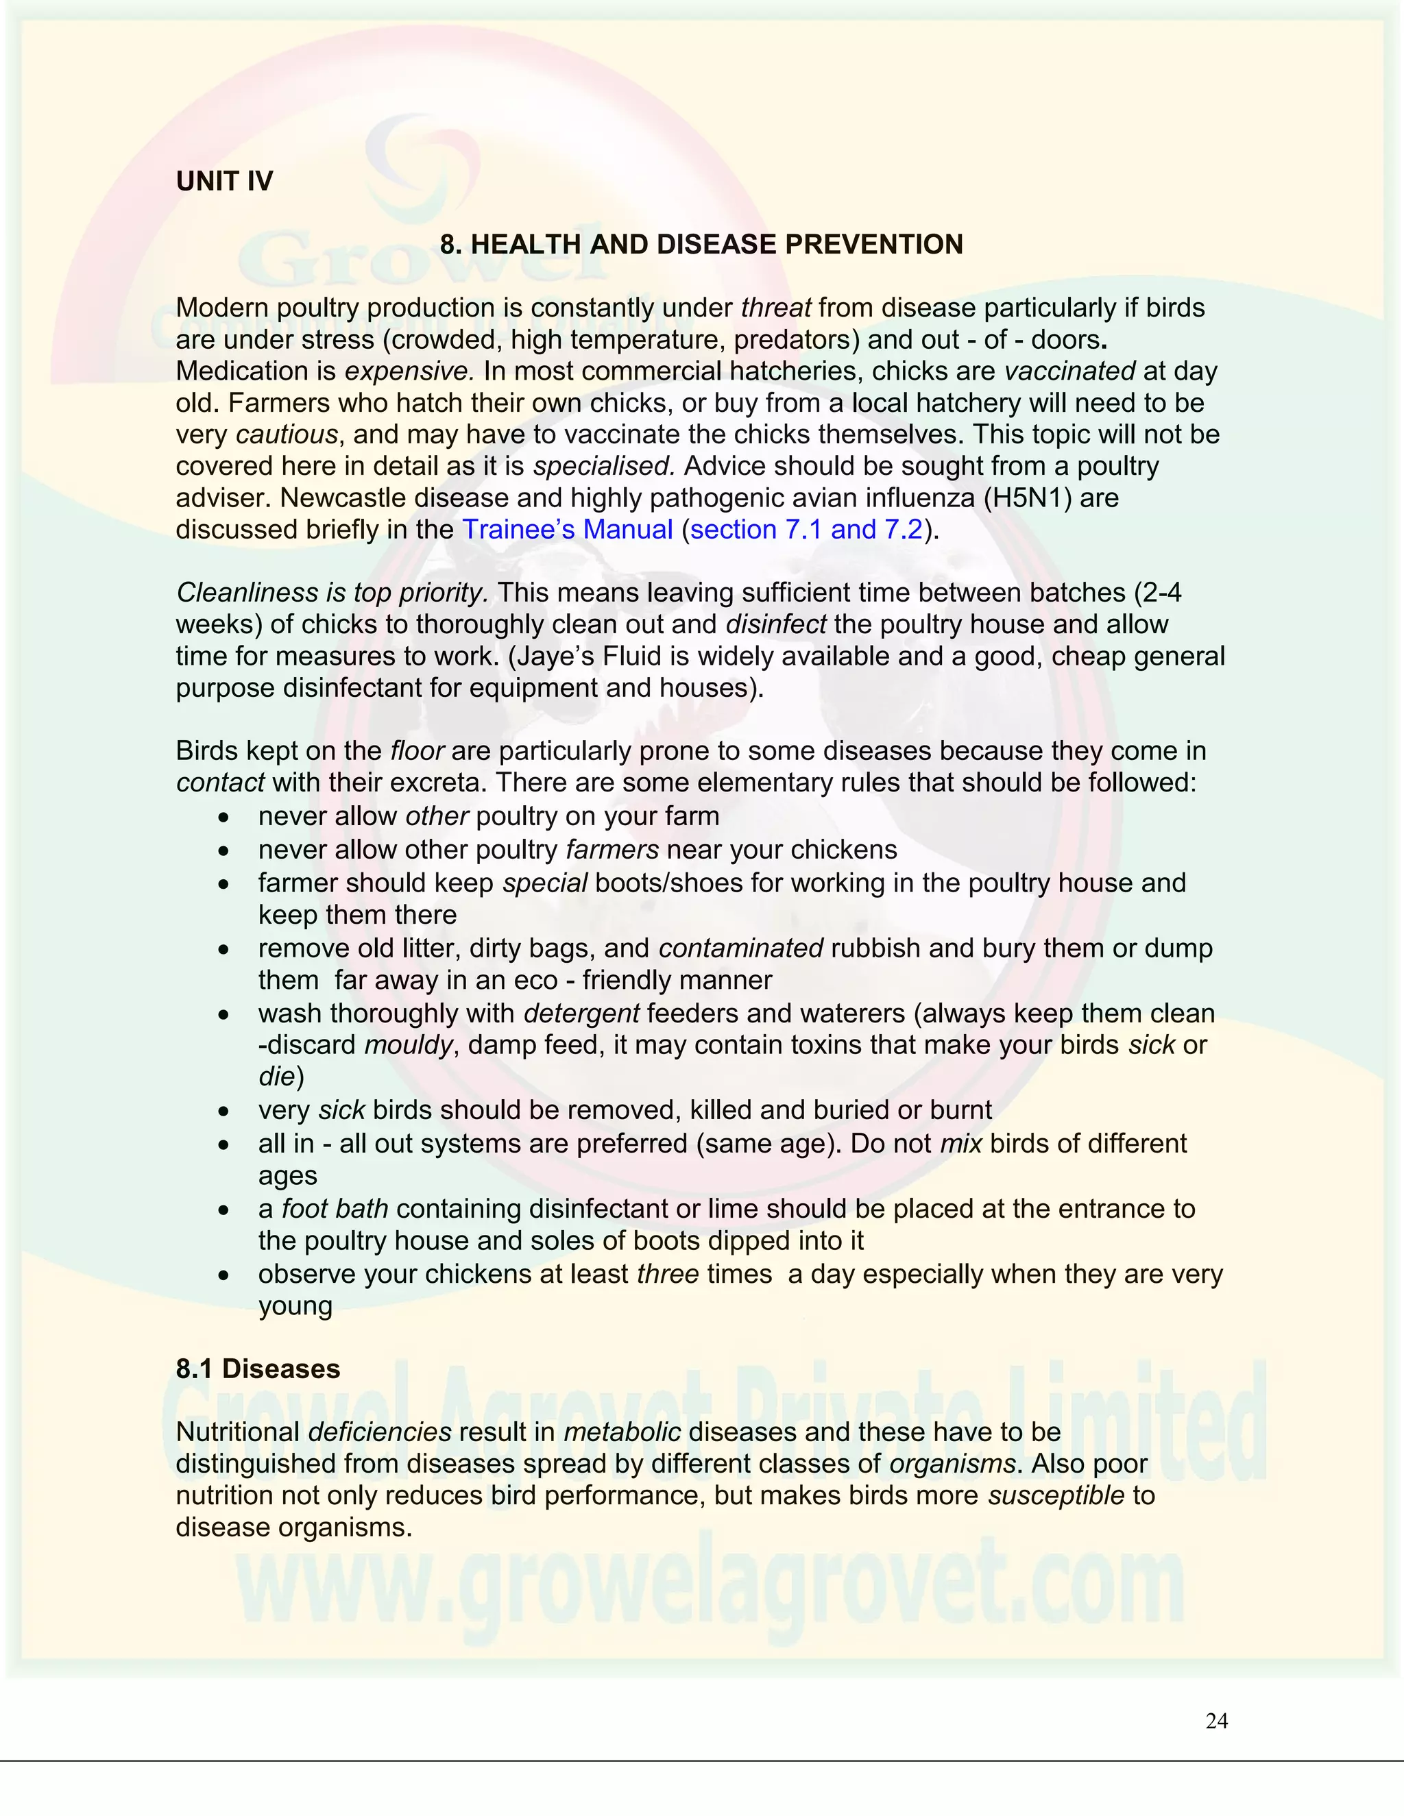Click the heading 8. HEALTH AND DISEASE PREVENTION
tap(701, 245)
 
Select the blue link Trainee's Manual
tap(567, 530)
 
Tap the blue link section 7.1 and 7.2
tap(806, 530)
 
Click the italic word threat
tap(775, 308)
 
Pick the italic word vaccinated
tap(1069, 371)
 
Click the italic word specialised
tap(604, 467)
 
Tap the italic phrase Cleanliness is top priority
tap(332, 593)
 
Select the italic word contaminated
tap(740, 948)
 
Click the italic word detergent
tap(581, 1014)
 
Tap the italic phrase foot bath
tap(335, 1208)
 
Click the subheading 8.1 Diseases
tap(258, 1369)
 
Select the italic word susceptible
tap(1056, 1495)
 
